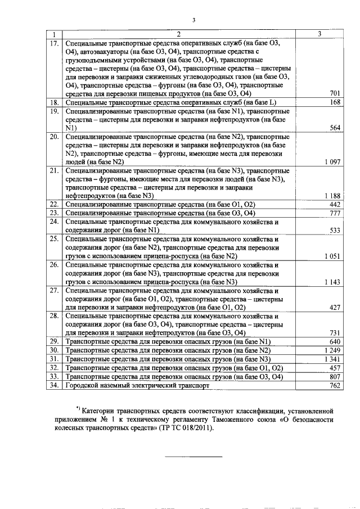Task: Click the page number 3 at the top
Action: (192, 21)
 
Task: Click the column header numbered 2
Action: (178, 34)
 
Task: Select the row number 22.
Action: (54, 204)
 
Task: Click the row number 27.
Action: (54, 291)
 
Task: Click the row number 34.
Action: (54, 386)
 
